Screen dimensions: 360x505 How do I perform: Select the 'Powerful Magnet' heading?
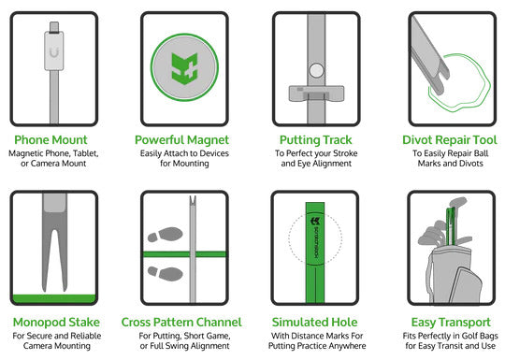pyautogui.click(x=187, y=140)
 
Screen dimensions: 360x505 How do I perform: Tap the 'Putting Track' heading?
pyautogui.click(x=315, y=140)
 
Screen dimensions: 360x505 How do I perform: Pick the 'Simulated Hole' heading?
pyautogui.click(x=315, y=322)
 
